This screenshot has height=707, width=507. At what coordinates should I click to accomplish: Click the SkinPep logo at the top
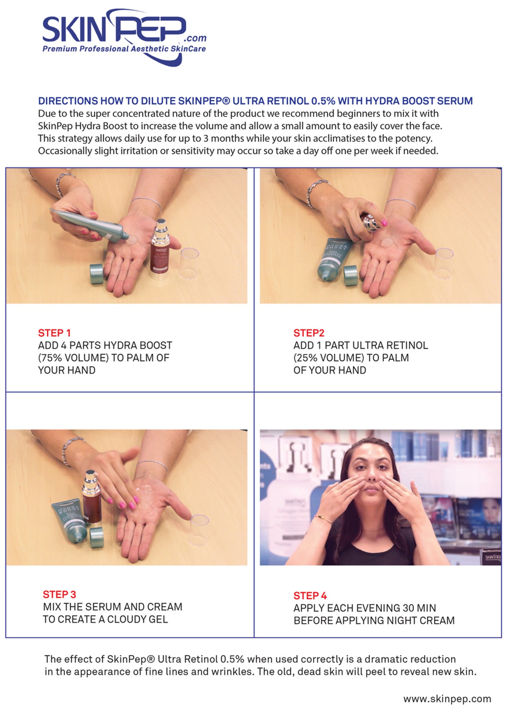pos(124,37)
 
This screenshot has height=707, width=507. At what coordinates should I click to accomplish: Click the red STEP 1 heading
pos(54,333)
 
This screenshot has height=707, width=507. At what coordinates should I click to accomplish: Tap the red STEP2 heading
pos(309,333)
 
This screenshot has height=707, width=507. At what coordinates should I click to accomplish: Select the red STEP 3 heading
pos(59,594)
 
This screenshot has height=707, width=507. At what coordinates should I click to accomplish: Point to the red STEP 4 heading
pos(310,596)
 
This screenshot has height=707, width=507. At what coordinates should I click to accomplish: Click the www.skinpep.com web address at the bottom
pos(447,699)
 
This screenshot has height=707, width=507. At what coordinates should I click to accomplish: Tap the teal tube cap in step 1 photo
pos(96,274)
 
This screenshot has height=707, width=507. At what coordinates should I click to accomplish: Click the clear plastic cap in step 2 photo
pos(444,263)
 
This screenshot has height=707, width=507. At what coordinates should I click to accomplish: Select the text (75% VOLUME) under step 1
pos(73,358)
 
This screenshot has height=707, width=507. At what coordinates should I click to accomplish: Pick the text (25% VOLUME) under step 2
pos(329,358)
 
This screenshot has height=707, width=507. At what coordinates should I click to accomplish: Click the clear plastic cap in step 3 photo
pos(199,530)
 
